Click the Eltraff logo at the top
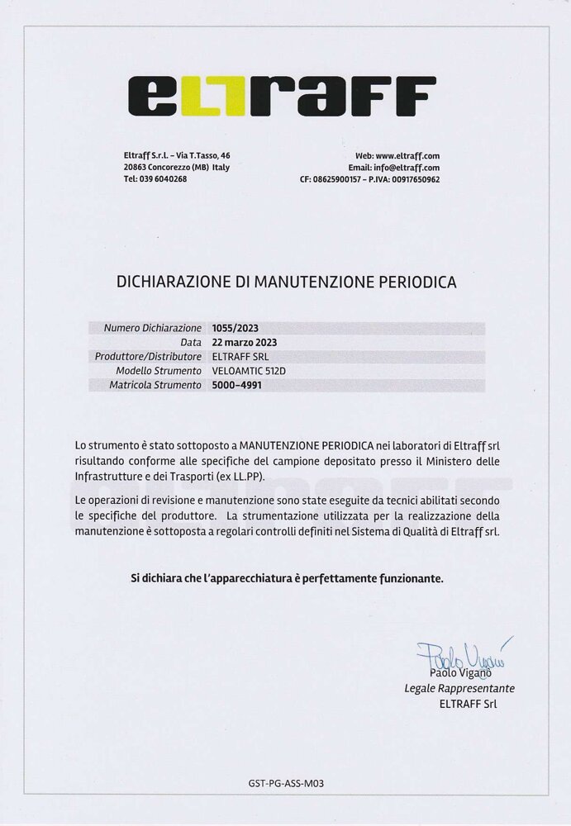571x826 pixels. (x=280, y=97)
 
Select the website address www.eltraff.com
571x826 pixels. (x=407, y=155)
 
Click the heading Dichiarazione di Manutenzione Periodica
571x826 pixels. (x=286, y=282)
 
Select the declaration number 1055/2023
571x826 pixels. (x=236, y=328)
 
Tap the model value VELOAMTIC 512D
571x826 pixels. (x=249, y=371)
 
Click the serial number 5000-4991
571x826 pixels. (x=236, y=385)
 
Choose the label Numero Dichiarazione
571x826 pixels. (x=153, y=328)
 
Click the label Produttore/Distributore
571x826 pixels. (x=149, y=356)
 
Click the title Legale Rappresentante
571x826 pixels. (x=459, y=688)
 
